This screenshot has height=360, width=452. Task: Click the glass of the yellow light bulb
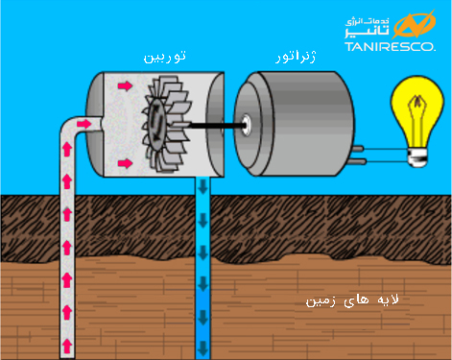422,113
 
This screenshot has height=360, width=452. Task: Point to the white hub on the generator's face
250,123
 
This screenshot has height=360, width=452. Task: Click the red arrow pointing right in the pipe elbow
83,124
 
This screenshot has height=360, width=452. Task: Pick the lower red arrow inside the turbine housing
125,164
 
